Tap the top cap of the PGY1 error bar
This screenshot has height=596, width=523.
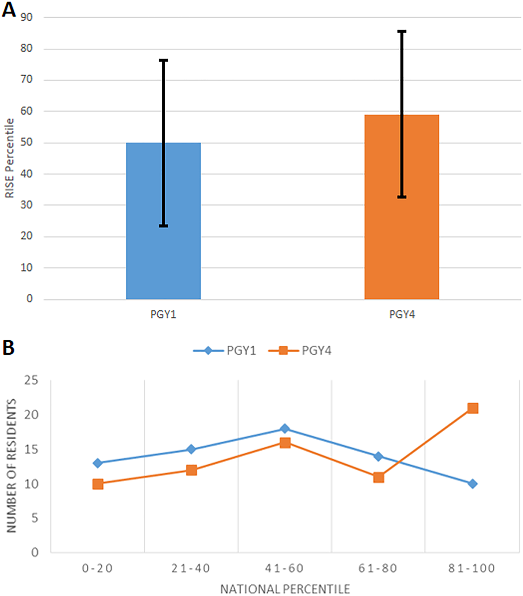(164, 60)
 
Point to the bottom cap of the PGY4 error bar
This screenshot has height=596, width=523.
(402, 197)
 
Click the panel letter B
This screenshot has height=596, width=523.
(8, 348)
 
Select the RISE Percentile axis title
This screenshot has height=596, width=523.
(9, 158)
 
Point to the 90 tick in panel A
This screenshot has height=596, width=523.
(26, 17)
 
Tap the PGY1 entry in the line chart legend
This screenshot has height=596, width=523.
(225, 350)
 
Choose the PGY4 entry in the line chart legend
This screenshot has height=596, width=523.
(300, 350)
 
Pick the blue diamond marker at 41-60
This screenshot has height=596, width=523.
(285, 429)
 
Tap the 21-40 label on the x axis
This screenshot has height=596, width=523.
(191, 568)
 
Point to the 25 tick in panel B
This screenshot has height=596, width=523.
(31, 381)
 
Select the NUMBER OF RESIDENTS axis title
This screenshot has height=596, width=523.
(11, 465)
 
